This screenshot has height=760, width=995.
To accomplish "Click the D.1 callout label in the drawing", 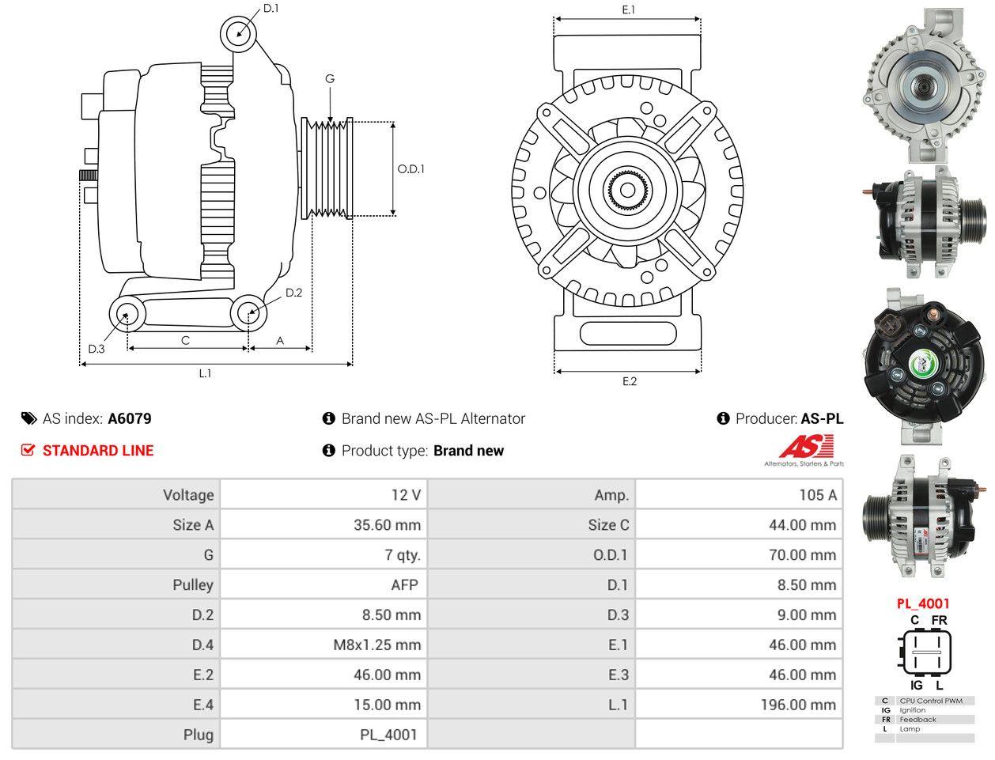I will pyautogui.click(x=271, y=9).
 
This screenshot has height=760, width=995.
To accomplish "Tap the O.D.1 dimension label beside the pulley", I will pyautogui.click(x=410, y=168).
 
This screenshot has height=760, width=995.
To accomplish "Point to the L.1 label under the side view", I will pyautogui.click(x=205, y=373).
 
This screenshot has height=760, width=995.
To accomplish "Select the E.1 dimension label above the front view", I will pyautogui.click(x=629, y=9).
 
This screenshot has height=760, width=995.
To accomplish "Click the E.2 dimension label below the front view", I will pyautogui.click(x=629, y=381).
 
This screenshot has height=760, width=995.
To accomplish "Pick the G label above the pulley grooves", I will pyautogui.click(x=330, y=78).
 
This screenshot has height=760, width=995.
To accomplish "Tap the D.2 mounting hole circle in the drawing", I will pyautogui.click(x=249, y=313).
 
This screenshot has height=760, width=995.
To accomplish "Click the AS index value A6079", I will pyautogui.click(x=130, y=418).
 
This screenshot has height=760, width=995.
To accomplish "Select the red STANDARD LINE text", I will pyautogui.click(x=98, y=451).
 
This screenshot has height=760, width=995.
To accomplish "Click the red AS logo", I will pyautogui.click(x=806, y=448).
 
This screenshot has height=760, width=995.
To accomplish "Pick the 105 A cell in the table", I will pyautogui.click(x=817, y=495).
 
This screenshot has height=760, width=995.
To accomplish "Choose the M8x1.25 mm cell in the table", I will pyautogui.click(x=376, y=645).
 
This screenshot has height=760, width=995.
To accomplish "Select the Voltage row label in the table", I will pyautogui.click(x=188, y=495).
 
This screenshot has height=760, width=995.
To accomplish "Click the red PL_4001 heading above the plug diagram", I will pyautogui.click(x=923, y=603).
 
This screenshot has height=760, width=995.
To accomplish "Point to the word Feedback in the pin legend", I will pyautogui.click(x=917, y=720).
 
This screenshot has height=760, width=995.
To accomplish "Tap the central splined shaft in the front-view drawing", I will pyautogui.click(x=628, y=190).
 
